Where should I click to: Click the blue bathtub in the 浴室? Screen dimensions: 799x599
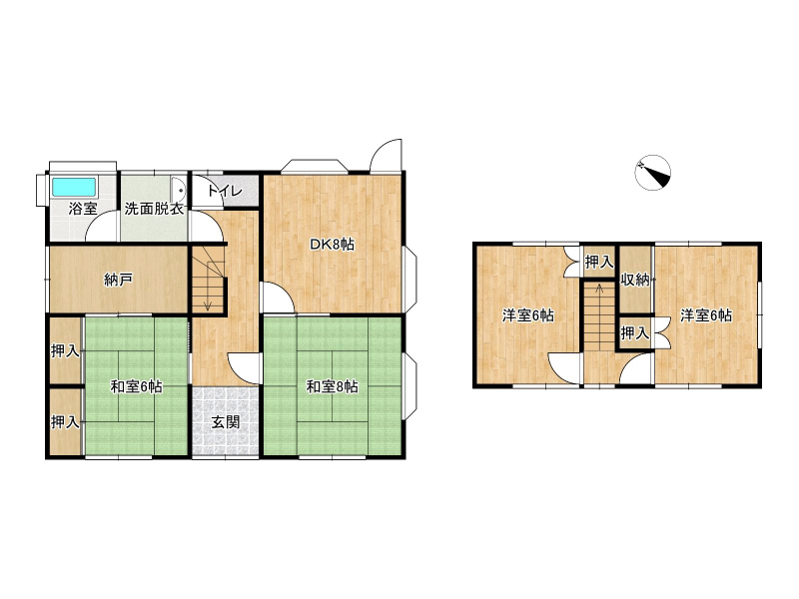pyautogui.click(x=74, y=187)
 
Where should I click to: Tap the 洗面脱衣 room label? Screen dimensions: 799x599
pyautogui.click(x=154, y=209)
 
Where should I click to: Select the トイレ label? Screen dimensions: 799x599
pyautogui.click(x=224, y=192)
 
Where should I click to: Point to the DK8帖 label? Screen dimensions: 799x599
pyautogui.click(x=333, y=245)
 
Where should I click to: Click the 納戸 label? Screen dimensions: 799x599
pyautogui.click(x=118, y=280)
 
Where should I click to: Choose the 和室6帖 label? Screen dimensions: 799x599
pyautogui.click(x=137, y=387)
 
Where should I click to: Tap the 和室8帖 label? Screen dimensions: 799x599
pyautogui.click(x=333, y=387)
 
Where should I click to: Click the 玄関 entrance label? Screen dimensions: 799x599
pyautogui.click(x=226, y=422)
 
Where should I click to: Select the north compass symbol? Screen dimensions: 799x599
pyautogui.click(x=653, y=173)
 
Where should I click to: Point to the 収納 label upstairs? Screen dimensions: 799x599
pyautogui.click(x=635, y=280)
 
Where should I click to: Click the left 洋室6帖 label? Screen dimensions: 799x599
pyautogui.click(x=528, y=315)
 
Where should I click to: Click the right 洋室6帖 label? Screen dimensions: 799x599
pyautogui.click(x=706, y=315)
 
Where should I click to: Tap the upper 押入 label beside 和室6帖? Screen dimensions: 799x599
pyautogui.click(x=65, y=351)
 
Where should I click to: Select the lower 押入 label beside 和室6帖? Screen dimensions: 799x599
pyautogui.click(x=65, y=422)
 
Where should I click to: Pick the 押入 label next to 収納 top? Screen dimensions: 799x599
pyautogui.click(x=599, y=263)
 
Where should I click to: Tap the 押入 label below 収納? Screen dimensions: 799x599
pyautogui.click(x=635, y=333)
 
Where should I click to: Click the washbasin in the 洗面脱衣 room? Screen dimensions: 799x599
pyautogui.click(x=178, y=192)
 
